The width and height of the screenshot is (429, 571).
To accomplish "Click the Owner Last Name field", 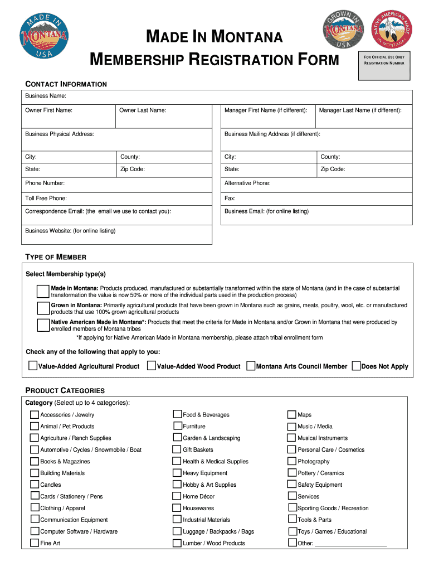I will (164, 116).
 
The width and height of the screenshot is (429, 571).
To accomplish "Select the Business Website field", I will (116, 235).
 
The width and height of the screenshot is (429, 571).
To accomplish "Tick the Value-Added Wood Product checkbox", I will (151, 366).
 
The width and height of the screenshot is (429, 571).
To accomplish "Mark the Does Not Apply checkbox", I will (356, 366).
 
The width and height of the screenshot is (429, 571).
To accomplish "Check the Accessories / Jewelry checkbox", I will (35, 414).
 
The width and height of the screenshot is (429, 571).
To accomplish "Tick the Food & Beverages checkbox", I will (177, 414).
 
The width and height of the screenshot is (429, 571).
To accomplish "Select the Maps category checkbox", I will (292, 414).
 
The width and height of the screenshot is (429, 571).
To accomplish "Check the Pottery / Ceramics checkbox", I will (292, 473).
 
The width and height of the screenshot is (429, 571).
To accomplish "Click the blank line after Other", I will (350, 543).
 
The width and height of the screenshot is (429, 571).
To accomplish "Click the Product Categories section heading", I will (65, 390).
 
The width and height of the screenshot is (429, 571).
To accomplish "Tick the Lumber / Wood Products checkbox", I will (177, 543).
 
